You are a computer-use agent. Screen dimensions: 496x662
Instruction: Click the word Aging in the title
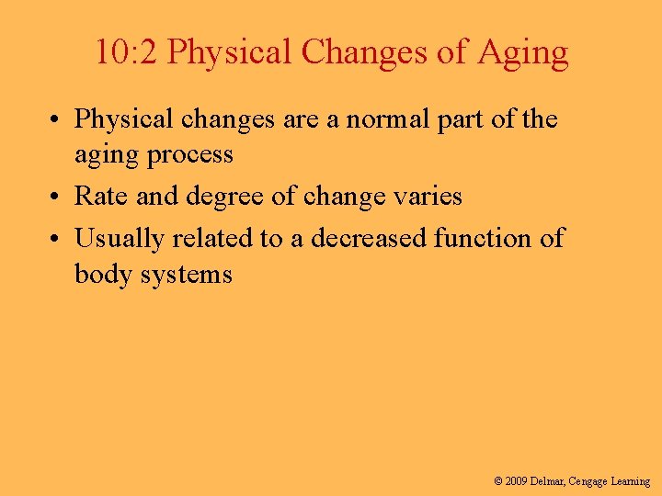523,53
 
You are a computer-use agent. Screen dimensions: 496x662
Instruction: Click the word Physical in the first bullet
122,119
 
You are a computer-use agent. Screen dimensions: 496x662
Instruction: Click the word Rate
97,196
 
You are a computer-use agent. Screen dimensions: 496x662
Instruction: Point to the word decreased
369,239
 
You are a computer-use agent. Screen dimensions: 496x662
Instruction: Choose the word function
481,239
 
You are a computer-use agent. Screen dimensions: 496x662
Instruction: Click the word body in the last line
100,273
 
